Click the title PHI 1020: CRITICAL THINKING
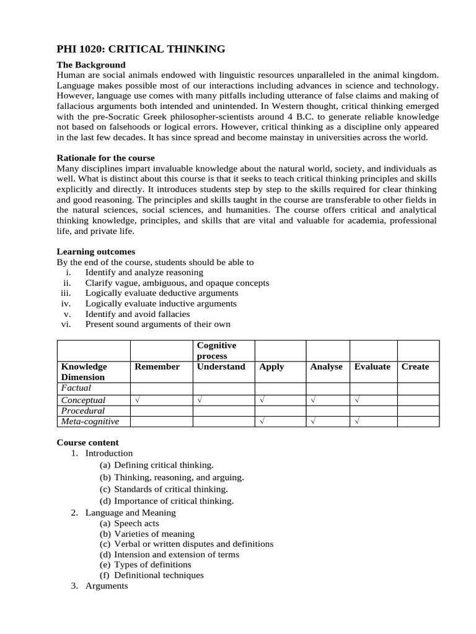pyautogui.click(x=141, y=50)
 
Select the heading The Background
pyautogui.click(x=91, y=64)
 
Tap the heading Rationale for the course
pyautogui.click(x=106, y=158)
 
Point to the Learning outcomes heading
pyautogui.click(x=96, y=251)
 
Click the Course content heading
pyautogui.click(x=87, y=443)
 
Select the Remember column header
pyautogui.click(x=157, y=367)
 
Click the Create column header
pyautogui.click(x=415, y=367)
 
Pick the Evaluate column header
pyautogui.click(x=372, y=367)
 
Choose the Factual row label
pyautogui.click(x=76, y=388)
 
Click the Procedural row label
pyautogui.click(x=82, y=410)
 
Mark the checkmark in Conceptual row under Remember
pyautogui.click(x=137, y=400)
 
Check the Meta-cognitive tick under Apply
pyautogui.click(x=262, y=422)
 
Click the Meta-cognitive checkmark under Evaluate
pyautogui.click(x=357, y=422)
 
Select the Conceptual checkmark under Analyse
pyautogui.click(x=313, y=400)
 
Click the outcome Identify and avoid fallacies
pyautogui.click(x=137, y=314)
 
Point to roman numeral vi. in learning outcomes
pyautogui.click(x=67, y=324)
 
